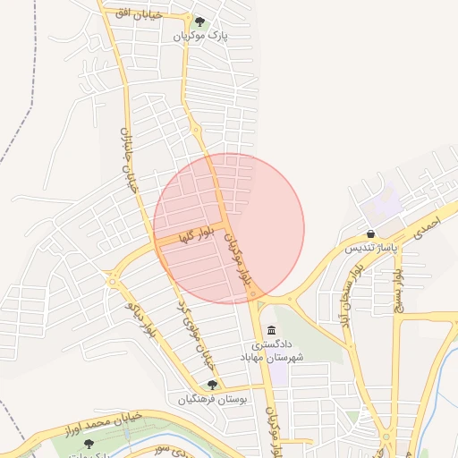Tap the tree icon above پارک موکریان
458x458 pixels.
pos(199,22)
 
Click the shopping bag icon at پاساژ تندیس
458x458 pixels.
pos(370,233)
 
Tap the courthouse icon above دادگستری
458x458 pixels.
pos(271,331)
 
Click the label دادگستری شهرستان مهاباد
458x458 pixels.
pos(271,350)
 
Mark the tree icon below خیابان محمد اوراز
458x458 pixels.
pos(88,444)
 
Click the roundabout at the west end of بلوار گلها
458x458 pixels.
pos(114,283)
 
